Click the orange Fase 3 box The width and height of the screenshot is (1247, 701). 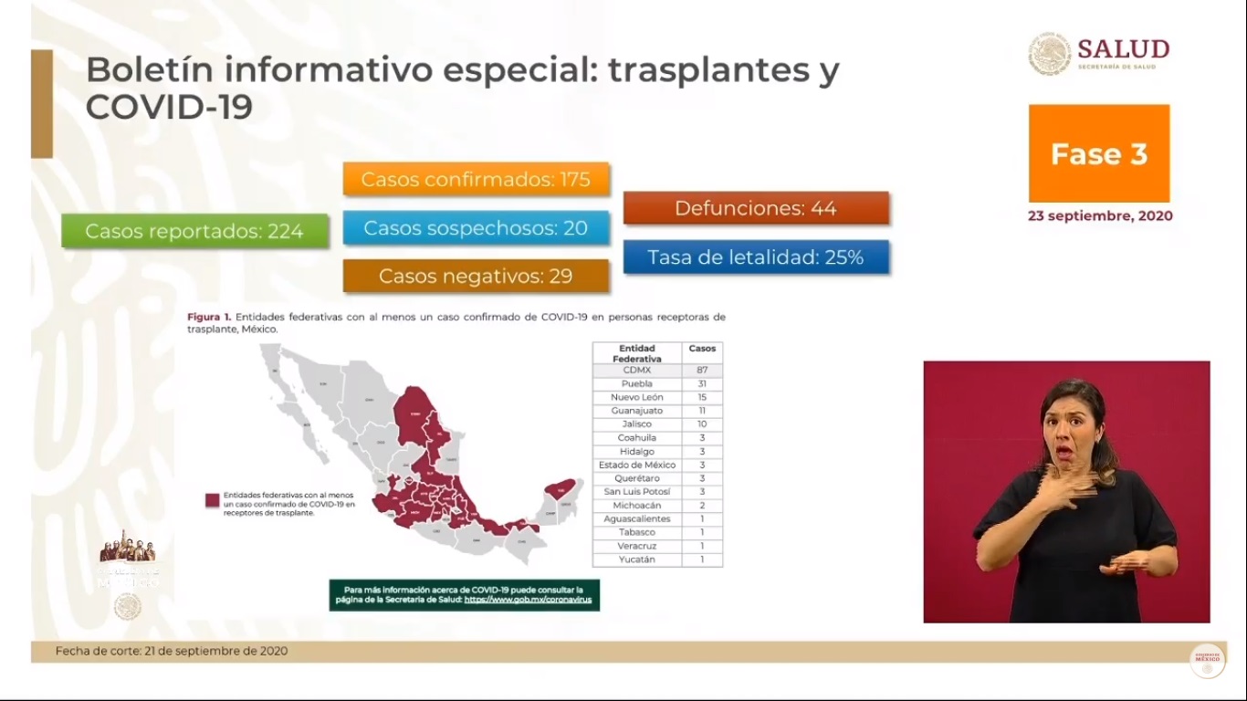(x=1098, y=153)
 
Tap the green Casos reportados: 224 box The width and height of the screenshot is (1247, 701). (x=194, y=231)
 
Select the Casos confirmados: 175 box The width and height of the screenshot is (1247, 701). (x=476, y=179)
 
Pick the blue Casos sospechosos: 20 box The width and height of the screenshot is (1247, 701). (x=476, y=227)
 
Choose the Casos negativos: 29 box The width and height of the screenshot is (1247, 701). (x=476, y=276)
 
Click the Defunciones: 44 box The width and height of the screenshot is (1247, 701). (x=756, y=208)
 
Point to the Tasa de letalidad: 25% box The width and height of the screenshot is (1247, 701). (x=756, y=257)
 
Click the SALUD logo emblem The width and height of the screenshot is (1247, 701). (x=1050, y=53)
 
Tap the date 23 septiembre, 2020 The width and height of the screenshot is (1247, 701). (x=1099, y=216)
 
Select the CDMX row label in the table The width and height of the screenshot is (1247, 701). (x=636, y=371)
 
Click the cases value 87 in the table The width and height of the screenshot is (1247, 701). (x=702, y=371)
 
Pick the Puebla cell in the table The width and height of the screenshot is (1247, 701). (x=636, y=384)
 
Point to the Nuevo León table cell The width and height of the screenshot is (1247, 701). (x=636, y=398)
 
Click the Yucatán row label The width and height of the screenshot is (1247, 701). (x=636, y=560)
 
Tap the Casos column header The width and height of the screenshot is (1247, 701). (x=702, y=349)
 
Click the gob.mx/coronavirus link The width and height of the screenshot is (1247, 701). (x=528, y=601)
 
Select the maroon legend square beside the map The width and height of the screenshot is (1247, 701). (x=212, y=500)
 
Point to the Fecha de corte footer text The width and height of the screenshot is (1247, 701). (x=172, y=651)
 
